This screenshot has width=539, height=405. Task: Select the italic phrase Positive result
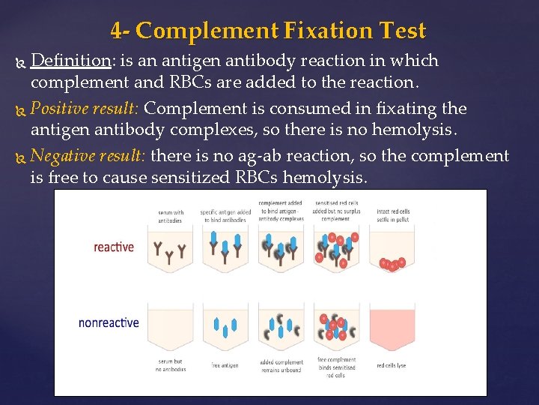[90, 109]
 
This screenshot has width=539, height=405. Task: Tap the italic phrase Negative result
[91, 157]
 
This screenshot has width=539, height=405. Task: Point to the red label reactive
[114, 247]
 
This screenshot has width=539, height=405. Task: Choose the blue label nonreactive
[109, 322]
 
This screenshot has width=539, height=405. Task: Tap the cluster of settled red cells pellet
[392, 264]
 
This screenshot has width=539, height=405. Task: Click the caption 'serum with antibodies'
[171, 216]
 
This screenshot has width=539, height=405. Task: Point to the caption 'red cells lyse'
[392, 365]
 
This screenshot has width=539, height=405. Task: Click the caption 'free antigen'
[225, 365]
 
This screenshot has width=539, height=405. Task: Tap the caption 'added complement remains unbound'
[280, 365]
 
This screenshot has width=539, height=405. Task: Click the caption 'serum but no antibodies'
[171, 365]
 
